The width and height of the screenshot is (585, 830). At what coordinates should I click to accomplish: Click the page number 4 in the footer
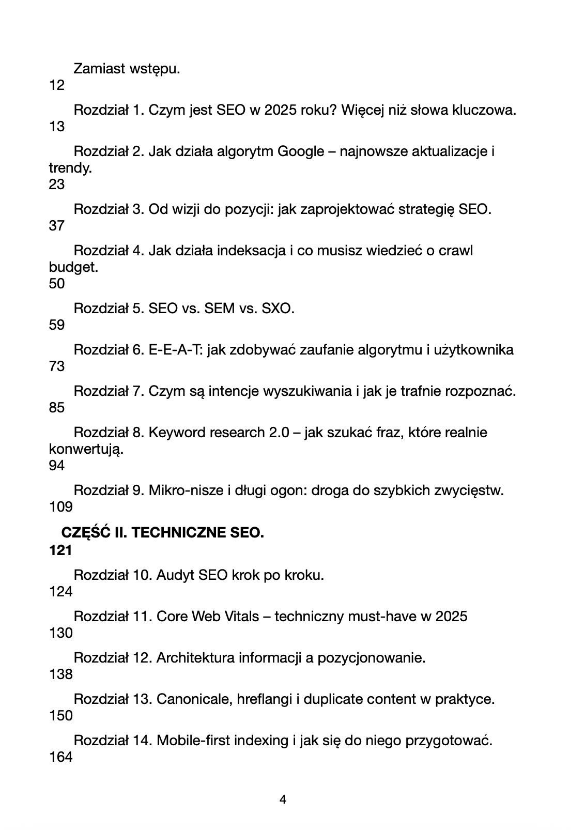tap(283, 800)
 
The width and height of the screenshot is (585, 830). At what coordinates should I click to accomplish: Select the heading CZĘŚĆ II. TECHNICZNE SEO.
tap(163, 532)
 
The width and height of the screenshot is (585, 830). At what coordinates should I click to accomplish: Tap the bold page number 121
tap(60, 550)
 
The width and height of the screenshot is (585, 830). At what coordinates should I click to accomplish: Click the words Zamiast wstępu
tap(127, 69)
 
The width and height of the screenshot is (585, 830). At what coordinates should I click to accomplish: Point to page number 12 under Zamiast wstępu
tap(56, 85)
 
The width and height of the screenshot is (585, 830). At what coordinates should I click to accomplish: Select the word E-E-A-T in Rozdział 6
tap(176, 350)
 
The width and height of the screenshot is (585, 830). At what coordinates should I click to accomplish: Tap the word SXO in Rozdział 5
tap(278, 309)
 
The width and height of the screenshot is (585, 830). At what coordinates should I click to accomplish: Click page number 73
tap(56, 366)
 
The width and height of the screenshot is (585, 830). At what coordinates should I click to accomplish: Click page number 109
tap(60, 507)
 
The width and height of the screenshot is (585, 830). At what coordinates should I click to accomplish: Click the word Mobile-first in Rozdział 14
tap(193, 741)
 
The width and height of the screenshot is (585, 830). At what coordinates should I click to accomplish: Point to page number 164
tap(60, 757)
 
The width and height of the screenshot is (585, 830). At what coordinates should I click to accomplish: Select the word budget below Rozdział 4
tap(73, 268)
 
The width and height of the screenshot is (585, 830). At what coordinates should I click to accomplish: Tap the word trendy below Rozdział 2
tap(70, 168)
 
